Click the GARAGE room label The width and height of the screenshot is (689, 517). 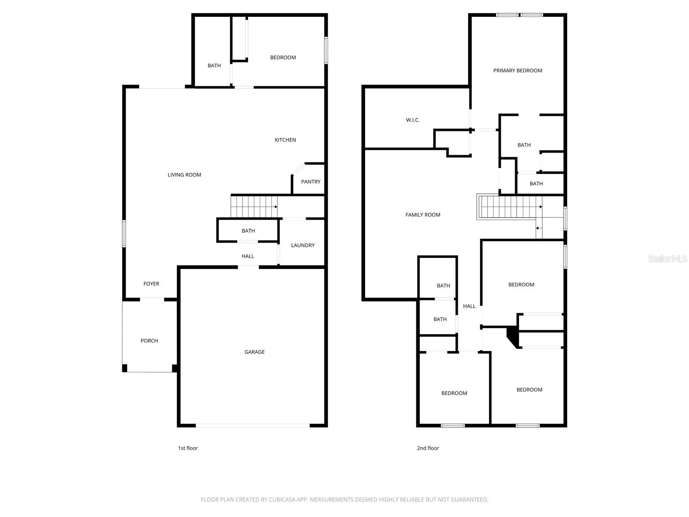(x=254, y=352)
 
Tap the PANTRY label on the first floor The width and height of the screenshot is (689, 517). (x=310, y=182)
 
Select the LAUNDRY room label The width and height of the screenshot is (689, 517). (x=303, y=245)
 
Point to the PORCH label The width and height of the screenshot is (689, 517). (x=149, y=341)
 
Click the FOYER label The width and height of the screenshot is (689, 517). (x=151, y=283)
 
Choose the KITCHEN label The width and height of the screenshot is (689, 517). (x=285, y=140)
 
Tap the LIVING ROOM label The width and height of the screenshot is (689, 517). (x=184, y=174)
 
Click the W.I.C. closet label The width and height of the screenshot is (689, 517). (x=413, y=120)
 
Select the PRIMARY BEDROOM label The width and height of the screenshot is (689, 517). (x=518, y=70)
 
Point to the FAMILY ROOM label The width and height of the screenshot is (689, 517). (x=422, y=215)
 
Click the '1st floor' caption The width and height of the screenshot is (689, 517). (x=188, y=448)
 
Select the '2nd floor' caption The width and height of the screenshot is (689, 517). (x=428, y=448)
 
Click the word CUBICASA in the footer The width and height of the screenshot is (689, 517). (x=282, y=500)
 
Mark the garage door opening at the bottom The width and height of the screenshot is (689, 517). (x=253, y=426)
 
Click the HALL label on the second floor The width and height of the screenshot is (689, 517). (x=469, y=306)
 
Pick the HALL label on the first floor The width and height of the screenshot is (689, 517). (x=248, y=256)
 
